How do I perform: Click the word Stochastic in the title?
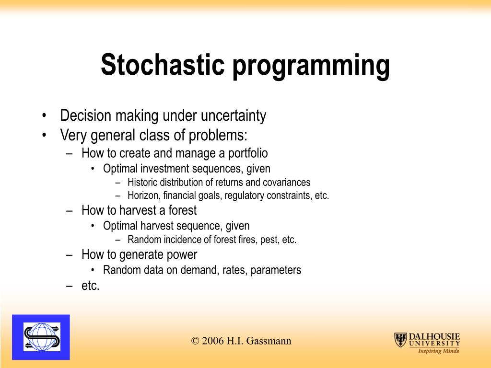tap(163, 65)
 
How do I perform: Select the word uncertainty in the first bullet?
tap(234, 115)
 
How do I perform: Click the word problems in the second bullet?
tap(218, 136)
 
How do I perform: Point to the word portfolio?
tap(248, 153)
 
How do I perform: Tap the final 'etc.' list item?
tap(90, 286)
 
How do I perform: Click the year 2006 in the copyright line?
tap(212, 341)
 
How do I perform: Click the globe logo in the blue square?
tap(42, 337)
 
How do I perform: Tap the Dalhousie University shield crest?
tap(400, 340)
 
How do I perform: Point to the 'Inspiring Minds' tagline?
tap(438, 351)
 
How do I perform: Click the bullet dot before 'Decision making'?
tap(44, 115)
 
